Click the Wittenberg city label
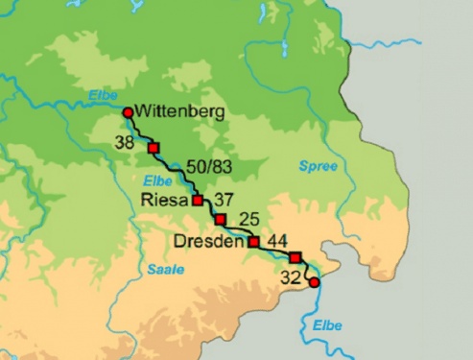[x=180, y=112]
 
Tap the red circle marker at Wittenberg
[x=128, y=112]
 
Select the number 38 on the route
[x=124, y=143]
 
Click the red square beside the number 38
[x=153, y=148]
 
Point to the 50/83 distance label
[x=210, y=167]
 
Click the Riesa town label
[x=165, y=201]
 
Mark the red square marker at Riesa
[x=198, y=201]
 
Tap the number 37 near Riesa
[x=225, y=199]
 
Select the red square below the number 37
[x=220, y=220]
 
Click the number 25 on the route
[x=248, y=219]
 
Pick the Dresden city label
[x=207, y=241]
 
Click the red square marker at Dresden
[x=254, y=241]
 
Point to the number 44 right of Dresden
[x=279, y=239]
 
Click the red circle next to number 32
[x=314, y=282]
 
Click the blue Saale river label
[x=165, y=270]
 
